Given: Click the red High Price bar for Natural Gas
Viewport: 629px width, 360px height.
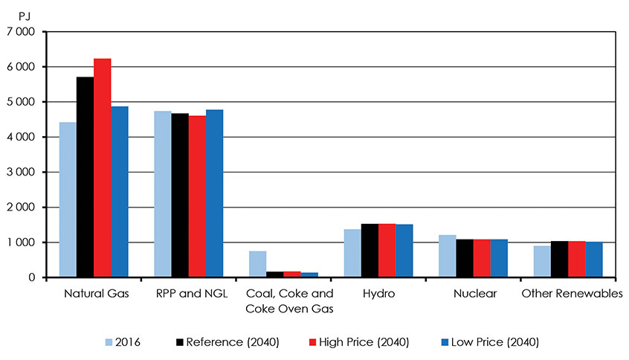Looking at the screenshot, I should [x=103, y=168].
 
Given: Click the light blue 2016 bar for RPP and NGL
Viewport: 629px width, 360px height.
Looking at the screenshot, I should [x=163, y=194].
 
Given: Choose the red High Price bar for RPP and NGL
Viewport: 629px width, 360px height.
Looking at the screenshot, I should [x=197, y=196].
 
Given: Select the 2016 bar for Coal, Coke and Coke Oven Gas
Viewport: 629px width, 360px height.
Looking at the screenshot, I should [x=257, y=264].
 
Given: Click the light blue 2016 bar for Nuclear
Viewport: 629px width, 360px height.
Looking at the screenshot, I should [x=447, y=256].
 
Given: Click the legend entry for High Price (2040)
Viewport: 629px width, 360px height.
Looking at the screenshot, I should [x=358, y=342].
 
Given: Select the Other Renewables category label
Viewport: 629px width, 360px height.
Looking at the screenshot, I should [x=571, y=294].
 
